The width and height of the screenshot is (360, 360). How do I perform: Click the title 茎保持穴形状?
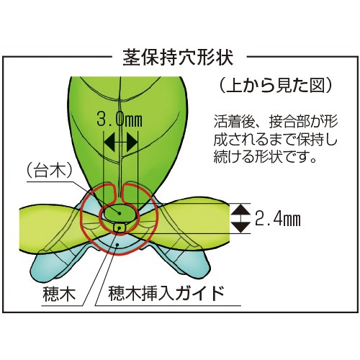click(x=178, y=58)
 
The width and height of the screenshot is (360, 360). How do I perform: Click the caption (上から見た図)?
click(x=276, y=86)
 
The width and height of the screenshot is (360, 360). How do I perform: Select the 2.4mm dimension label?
click(x=278, y=218)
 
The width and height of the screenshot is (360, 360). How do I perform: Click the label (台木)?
click(x=50, y=171)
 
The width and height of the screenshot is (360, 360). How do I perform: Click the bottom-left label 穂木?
click(x=59, y=294)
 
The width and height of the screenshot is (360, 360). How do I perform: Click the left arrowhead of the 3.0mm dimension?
click(x=109, y=143)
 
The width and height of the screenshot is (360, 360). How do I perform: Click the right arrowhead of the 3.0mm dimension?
click(x=132, y=143)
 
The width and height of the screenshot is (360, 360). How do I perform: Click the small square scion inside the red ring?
click(x=118, y=228)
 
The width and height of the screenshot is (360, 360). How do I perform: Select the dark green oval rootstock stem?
click(x=119, y=212)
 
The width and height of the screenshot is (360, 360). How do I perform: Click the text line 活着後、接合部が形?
click(x=276, y=122)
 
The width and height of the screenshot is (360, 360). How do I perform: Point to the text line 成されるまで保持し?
click(x=276, y=140)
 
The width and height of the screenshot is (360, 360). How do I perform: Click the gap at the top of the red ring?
click(x=118, y=189)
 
